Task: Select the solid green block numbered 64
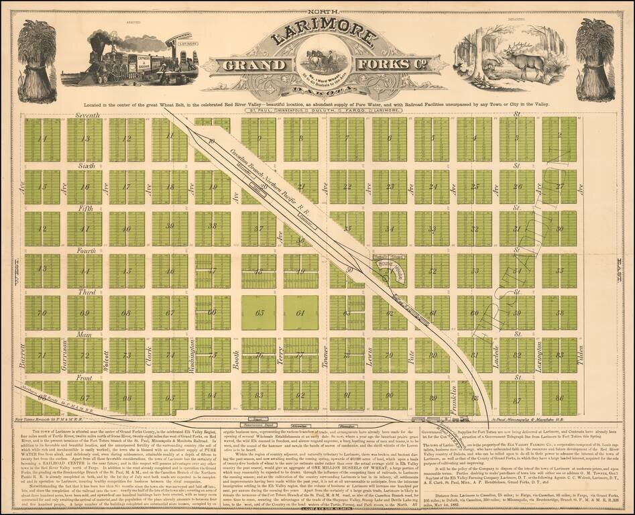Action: [x=300, y=312]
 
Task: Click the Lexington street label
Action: [x=538, y=355]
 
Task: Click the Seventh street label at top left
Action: [x=86, y=116]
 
